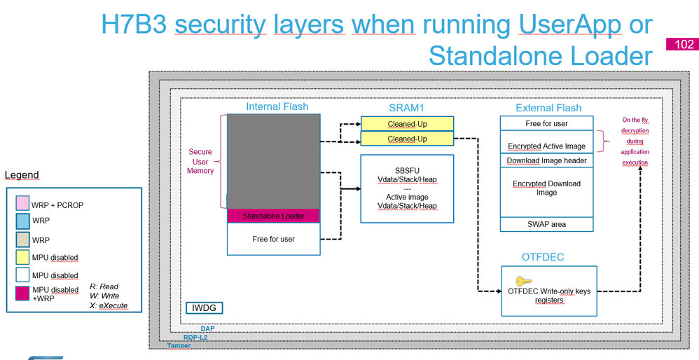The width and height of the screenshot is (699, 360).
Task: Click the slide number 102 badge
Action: pos(684,44)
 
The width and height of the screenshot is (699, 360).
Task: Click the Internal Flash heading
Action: pos(277,107)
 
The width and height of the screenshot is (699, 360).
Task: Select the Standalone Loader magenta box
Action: pos(273,216)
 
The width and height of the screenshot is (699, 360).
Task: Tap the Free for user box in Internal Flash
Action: pos(273,239)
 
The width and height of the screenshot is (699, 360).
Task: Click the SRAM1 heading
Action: pos(407,108)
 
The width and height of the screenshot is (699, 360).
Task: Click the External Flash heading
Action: pos(548,108)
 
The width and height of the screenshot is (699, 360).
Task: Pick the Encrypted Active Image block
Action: pos(547,146)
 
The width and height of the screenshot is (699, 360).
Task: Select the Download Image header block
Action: pos(547,160)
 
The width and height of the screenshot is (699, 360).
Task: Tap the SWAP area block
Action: pos(547,224)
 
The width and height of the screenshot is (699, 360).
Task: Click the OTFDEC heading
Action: pos(543,257)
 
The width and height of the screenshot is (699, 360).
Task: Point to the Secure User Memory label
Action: pos(200,161)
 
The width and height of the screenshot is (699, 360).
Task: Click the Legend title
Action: pos(22,175)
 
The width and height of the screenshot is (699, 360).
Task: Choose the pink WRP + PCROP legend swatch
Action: pos(23,205)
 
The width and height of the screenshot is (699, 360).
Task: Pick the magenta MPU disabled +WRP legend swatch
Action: pos(23,294)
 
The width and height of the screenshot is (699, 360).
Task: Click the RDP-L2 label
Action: pos(195,337)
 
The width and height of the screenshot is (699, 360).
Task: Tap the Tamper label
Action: pos(179,345)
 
